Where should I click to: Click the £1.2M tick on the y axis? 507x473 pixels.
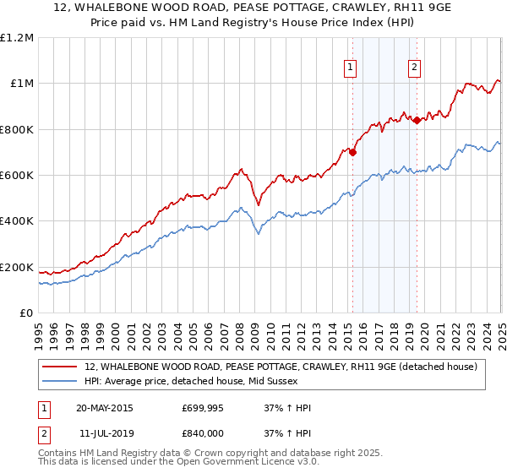pos(18,37)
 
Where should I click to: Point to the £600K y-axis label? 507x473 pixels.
pos(17,176)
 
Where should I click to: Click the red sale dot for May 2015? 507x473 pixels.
pos(352,153)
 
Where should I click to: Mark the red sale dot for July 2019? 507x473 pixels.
pos(417,120)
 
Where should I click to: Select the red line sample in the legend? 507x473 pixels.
pos(59,367)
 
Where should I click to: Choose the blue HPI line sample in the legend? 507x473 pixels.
pos(59,382)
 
